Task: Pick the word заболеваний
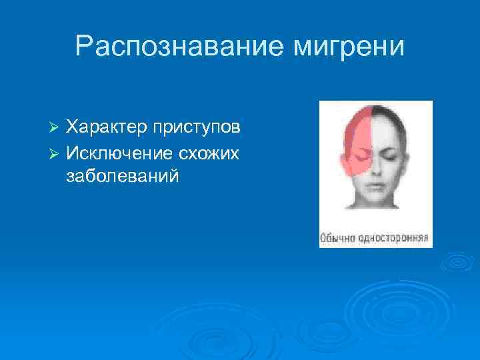(123, 177)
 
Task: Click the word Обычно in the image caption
(339, 237)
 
